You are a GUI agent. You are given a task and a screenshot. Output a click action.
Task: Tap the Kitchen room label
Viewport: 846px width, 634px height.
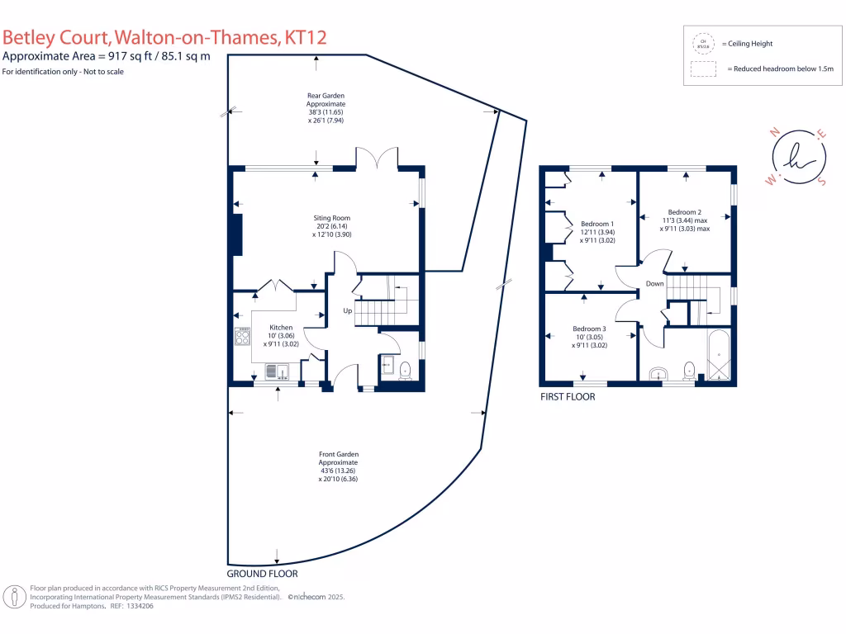[281, 328]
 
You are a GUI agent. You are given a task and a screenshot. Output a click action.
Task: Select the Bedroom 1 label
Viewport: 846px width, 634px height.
[597, 224]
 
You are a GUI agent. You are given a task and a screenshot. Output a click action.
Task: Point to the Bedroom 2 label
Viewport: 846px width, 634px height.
[685, 211]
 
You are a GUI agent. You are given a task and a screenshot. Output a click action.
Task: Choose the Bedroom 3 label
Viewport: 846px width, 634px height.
[590, 329]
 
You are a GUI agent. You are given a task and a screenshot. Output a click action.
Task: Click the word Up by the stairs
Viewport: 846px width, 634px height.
[349, 311]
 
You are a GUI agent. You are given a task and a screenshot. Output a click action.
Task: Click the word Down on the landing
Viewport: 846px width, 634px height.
[655, 283]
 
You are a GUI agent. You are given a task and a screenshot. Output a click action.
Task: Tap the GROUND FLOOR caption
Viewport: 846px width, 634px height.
[262, 573]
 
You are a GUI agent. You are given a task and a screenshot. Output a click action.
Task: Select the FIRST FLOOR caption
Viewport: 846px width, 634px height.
[568, 397]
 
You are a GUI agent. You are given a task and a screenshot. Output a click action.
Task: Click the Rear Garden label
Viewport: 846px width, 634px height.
[326, 96]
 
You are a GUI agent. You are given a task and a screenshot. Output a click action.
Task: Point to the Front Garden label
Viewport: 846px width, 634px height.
[339, 454]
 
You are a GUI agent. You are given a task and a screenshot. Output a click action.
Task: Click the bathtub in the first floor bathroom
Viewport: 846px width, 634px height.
[718, 356]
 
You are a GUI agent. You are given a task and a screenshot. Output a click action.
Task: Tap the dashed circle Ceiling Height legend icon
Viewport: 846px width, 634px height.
[703, 44]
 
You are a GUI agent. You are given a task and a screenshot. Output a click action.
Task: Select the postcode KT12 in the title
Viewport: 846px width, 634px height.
[305, 37]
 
